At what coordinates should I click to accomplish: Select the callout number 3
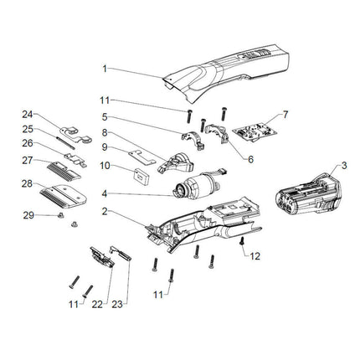click(344, 167)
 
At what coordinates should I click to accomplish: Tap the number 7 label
click(285, 113)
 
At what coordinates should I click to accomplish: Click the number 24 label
click(27, 114)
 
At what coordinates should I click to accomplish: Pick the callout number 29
click(28, 215)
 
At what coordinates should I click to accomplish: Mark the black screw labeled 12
click(241, 241)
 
